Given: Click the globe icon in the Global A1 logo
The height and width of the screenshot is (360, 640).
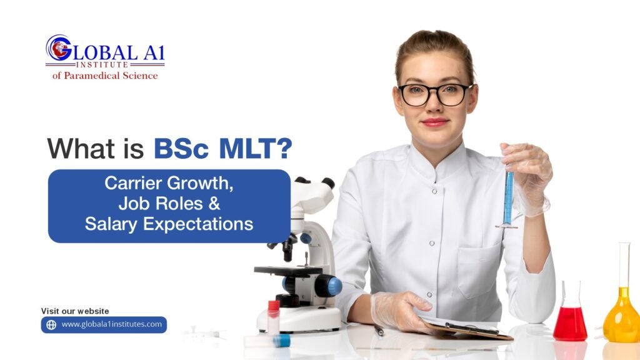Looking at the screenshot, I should coord(58,47).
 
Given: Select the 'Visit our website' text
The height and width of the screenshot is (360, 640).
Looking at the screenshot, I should coord(75,311).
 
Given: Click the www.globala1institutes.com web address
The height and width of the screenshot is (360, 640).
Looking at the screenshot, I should coord(111,324).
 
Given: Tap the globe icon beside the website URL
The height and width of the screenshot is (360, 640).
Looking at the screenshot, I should coord(51,325).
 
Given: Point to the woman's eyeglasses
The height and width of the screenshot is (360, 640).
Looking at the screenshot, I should coord(435,94).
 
